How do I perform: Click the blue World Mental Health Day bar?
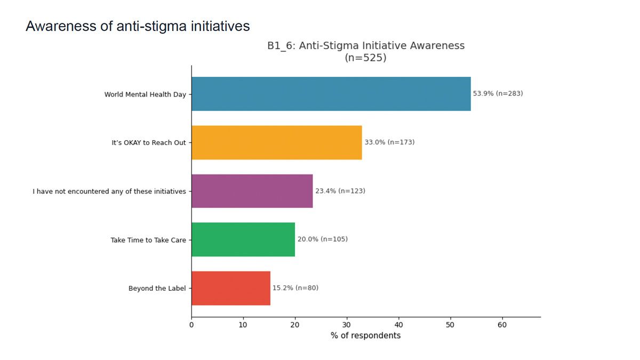[331, 94]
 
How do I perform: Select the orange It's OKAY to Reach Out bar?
[277, 142]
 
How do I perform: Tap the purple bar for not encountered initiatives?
[252, 191]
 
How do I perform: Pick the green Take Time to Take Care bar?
[243, 239]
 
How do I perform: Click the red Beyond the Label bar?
[231, 289]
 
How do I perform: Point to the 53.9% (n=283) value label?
[498, 93]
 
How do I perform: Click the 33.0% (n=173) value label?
[389, 142]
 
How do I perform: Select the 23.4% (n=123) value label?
[340, 190]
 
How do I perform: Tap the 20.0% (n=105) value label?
[323, 239]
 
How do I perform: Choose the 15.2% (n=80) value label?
[295, 287]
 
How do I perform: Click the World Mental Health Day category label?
[145, 94]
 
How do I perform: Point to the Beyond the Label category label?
[157, 289]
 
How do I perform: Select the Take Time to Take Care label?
[148, 240]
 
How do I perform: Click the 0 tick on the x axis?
[191, 325]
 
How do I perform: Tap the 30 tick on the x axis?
[347, 325]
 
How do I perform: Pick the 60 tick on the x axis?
[502, 325]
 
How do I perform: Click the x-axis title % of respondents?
[366, 335]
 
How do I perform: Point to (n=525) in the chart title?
[366, 58]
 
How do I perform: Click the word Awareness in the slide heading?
[61, 26]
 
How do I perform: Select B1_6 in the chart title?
[279, 46]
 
